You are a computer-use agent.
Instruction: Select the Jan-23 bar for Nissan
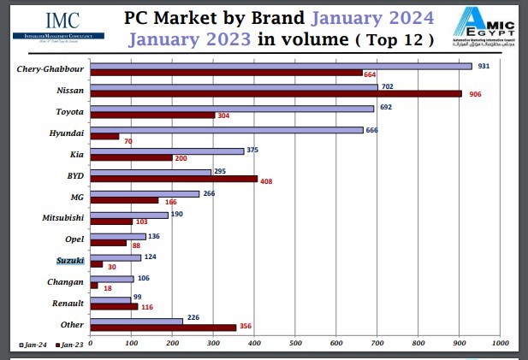(x=276, y=94)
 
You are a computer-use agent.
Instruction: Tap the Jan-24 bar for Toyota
(x=232, y=109)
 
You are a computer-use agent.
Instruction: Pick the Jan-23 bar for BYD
(x=174, y=179)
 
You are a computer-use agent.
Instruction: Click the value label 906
(x=474, y=94)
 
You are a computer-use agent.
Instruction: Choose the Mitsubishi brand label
(x=62, y=218)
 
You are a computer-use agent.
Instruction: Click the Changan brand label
(x=66, y=281)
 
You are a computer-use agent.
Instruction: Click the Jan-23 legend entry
(x=69, y=344)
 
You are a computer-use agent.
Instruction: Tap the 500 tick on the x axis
(x=294, y=344)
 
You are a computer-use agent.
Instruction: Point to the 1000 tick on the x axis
(x=499, y=344)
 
